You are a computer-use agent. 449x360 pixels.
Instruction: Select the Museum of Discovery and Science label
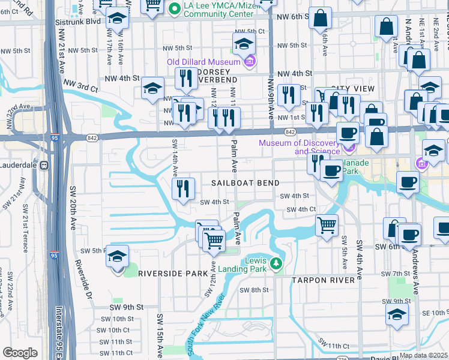[300, 147]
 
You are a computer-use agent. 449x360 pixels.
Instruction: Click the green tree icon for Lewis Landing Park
[276, 263]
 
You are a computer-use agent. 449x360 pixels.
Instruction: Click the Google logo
[20, 353]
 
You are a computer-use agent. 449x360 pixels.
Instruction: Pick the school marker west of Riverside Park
[118, 258]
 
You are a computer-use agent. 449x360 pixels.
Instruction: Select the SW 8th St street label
[254, 290]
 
